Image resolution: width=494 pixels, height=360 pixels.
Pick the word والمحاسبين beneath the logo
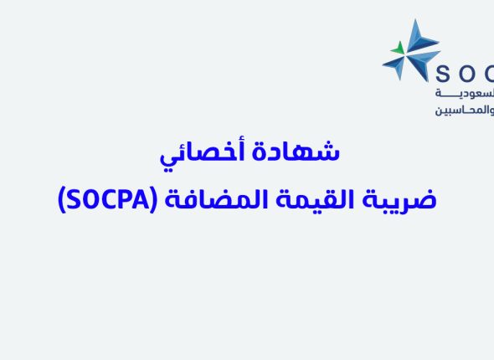[465, 111]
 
